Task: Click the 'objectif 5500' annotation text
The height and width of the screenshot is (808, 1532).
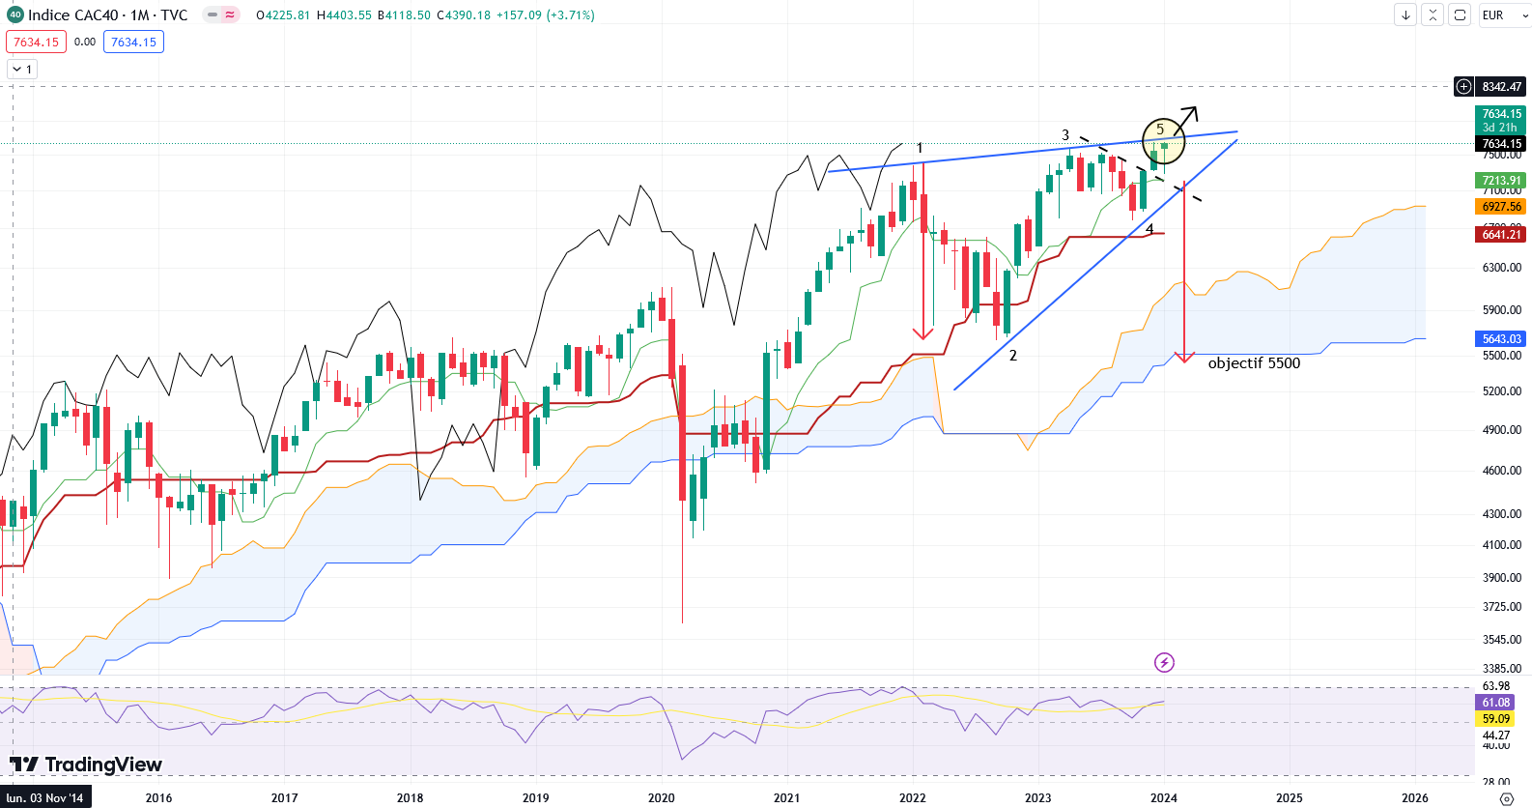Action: (x=1254, y=363)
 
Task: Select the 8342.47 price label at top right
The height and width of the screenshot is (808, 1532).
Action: (x=1501, y=87)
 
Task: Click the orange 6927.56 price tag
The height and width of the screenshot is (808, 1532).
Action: (x=1501, y=207)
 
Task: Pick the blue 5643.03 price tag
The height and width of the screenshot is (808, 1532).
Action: (x=1501, y=339)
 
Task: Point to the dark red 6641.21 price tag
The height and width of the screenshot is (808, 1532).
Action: (x=1501, y=235)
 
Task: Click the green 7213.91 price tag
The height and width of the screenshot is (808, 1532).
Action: (x=1501, y=181)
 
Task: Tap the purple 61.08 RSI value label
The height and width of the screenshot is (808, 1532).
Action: (x=1495, y=703)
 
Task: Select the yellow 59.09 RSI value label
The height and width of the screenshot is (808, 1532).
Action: (x=1495, y=719)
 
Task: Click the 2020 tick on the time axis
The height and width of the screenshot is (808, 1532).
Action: (x=662, y=798)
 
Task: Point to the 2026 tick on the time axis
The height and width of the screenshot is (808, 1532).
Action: (x=1415, y=798)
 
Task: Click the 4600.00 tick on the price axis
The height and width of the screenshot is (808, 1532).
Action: (x=1501, y=471)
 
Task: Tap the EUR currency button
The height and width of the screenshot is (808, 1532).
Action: (x=1493, y=15)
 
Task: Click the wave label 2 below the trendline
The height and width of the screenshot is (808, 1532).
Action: (x=1013, y=356)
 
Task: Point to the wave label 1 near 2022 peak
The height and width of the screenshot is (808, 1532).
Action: (x=920, y=148)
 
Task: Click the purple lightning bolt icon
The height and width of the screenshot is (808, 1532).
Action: (x=1164, y=662)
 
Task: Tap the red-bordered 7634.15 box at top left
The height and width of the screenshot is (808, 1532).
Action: (x=36, y=43)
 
